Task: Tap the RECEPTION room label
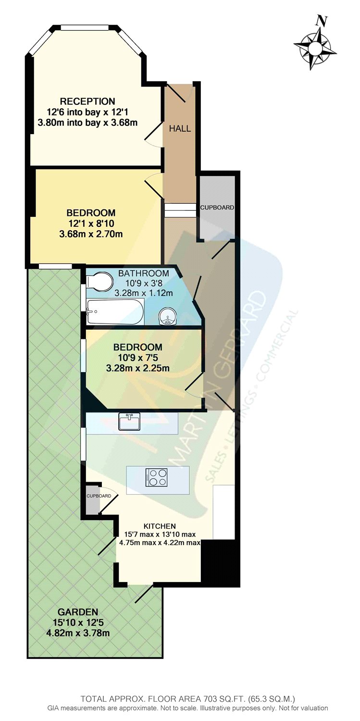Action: (x=87, y=101)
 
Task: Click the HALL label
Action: (x=180, y=128)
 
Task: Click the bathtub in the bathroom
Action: (x=115, y=312)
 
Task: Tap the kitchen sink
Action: (x=129, y=422)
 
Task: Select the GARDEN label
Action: (x=78, y=612)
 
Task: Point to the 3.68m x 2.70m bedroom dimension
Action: (x=91, y=234)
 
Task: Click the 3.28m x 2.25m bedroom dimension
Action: (x=138, y=368)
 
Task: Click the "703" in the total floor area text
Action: (x=169, y=699)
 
